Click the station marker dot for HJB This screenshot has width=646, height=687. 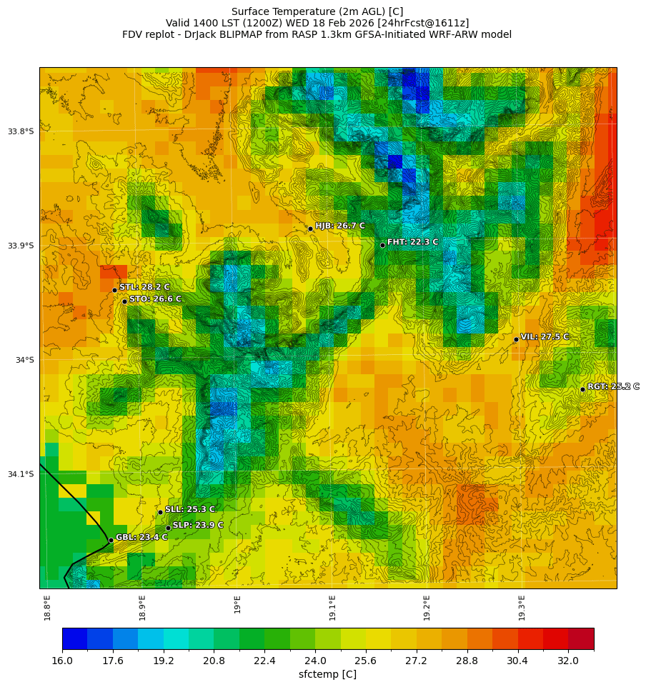[310, 229]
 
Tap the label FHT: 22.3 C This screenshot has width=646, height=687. [412, 242]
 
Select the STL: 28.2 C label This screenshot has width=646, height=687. [144, 287]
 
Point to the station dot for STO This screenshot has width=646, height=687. [124, 301]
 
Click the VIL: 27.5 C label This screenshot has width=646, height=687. [545, 336]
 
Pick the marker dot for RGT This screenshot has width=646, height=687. [582, 389]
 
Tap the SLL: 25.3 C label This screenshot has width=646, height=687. [189, 509]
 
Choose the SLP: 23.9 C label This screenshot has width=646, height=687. [198, 525]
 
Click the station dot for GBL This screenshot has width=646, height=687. [111, 541]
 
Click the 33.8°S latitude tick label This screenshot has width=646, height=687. [21, 131]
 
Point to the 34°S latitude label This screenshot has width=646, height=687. [24, 360]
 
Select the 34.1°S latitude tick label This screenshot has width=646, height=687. [21, 474]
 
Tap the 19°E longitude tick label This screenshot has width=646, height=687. [237, 604]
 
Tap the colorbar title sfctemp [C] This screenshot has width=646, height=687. [327, 674]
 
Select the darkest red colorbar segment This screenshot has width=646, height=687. [581, 638]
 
